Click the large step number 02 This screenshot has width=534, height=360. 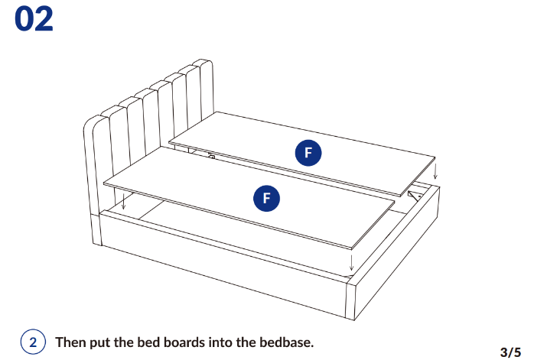pos(34,19)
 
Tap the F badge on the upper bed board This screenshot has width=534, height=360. pos(308,153)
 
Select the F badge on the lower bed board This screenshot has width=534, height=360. pos(267,199)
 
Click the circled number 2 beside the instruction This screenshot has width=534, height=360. pos(33,342)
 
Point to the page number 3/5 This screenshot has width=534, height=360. pos(510,352)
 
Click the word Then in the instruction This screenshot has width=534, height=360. pos(70,342)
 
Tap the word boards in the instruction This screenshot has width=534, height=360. pos(184,342)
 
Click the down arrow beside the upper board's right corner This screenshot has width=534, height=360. pos(435,171)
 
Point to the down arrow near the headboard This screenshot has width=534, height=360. pos(123,201)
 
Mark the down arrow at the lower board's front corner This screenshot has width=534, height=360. pos(351,262)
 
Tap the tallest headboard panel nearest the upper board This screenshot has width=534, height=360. pos(207,90)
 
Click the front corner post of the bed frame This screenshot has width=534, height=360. pos(351,299)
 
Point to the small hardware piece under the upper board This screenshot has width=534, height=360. pos(211,156)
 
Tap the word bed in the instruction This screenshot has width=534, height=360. pos(148,342)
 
